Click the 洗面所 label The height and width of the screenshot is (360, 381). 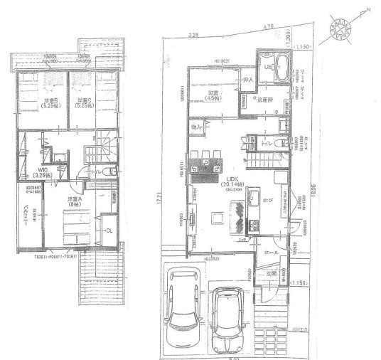point(265,98)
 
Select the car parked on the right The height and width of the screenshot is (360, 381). point(230,313)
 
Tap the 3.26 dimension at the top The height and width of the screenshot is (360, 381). point(192,32)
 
